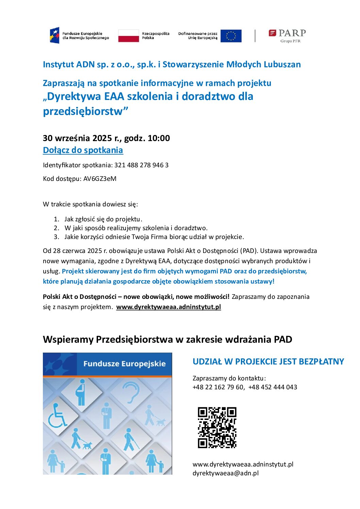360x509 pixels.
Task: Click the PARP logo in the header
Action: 287,35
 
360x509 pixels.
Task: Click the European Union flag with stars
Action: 231,36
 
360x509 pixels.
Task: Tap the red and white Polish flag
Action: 128,36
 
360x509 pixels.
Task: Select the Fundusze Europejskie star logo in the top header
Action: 54,35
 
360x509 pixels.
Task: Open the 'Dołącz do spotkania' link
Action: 83,150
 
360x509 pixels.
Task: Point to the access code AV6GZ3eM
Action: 100,179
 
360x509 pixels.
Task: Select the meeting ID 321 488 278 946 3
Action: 141,165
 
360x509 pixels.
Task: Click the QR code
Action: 217,427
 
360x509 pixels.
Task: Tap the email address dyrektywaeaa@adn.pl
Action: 225,473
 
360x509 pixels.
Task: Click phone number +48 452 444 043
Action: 273,387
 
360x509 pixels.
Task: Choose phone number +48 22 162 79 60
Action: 218,387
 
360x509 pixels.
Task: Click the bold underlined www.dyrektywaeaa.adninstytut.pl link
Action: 168,307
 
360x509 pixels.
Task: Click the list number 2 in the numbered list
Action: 56,228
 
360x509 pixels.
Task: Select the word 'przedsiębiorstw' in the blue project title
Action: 83,111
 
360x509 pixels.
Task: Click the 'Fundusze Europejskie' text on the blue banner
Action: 124,363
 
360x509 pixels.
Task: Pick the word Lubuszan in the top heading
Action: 282,64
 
